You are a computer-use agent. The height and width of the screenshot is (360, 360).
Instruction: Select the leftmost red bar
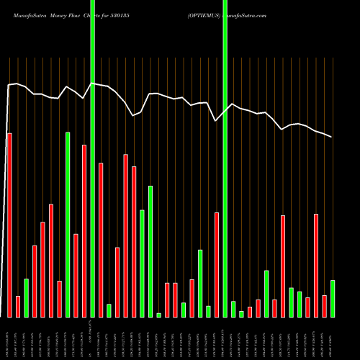(x=9, y=225)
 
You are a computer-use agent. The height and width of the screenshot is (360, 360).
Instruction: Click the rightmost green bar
(x=333, y=298)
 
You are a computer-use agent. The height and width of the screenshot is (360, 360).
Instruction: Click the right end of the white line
(x=332, y=137)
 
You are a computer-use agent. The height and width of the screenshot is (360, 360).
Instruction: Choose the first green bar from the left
(x=26, y=297)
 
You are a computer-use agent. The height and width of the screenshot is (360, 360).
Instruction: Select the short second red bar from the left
(x=18, y=306)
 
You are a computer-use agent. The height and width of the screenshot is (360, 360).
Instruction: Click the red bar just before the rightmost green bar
(x=324, y=306)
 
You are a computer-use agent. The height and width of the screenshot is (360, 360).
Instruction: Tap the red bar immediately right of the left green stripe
(x=101, y=240)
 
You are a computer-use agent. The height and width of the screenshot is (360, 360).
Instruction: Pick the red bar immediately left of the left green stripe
(x=84, y=230)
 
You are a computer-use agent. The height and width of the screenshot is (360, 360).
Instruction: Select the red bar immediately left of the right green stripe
(x=216, y=264)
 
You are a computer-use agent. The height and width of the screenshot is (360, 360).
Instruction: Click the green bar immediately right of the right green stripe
(x=233, y=309)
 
